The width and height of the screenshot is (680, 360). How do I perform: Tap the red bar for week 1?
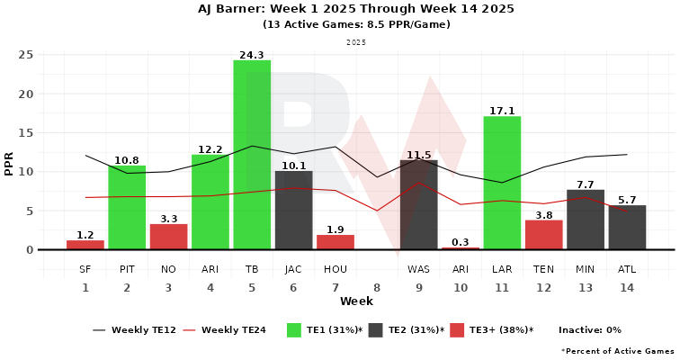tap(85, 245)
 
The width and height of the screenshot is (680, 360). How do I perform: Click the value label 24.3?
tap(252, 55)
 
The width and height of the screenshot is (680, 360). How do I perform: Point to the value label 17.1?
tap(502, 111)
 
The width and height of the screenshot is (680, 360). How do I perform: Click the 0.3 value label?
tap(461, 242)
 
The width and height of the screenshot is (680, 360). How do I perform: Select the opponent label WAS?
tap(418, 269)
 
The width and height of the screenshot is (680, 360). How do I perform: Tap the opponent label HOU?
tap(336, 269)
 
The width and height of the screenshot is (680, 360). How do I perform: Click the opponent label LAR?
tap(502, 269)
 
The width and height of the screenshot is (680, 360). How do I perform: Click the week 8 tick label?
tap(377, 288)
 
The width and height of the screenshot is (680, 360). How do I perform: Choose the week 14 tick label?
tap(627, 288)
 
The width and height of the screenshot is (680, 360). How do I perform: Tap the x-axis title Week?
tap(357, 301)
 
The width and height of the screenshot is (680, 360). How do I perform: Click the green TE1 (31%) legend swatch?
tap(293, 330)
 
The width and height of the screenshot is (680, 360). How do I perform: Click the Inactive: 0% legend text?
tap(590, 330)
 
